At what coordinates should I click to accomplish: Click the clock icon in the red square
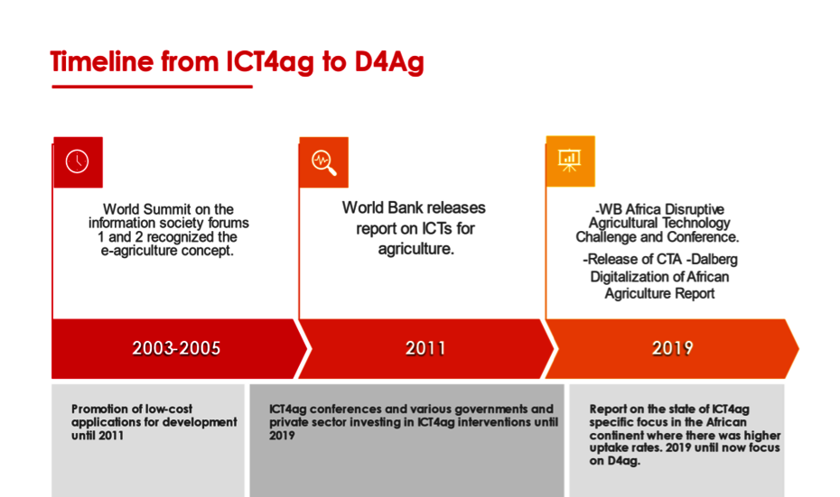pyautogui.click(x=78, y=161)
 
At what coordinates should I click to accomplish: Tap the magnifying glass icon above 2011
pyautogui.click(x=323, y=161)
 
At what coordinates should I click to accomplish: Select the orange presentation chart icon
pyautogui.click(x=570, y=161)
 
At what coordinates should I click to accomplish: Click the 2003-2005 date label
pyautogui.click(x=176, y=348)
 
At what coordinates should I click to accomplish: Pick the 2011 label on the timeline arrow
pyautogui.click(x=425, y=348)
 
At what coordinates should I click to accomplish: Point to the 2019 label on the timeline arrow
pyautogui.click(x=672, y=348)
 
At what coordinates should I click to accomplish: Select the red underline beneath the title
pyautogui.click(x=152, y=87)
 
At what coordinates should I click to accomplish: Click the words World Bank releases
pyautogui.click(x=414, y=208)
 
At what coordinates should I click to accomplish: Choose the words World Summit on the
pyautogui.click(x=168, y=209)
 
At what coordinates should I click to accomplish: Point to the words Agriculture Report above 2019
pyautogui.click(x=659, y=293)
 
